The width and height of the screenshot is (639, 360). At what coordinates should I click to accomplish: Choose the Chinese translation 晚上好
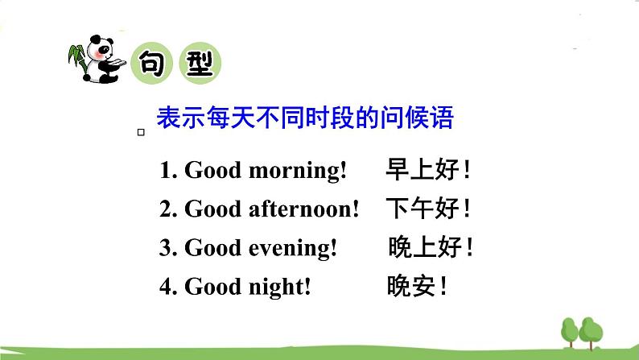[x=427, y=247]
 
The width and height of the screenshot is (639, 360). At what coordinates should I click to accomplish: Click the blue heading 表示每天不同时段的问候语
[x=305, y=118]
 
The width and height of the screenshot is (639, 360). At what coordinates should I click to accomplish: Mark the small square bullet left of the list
[x=141, y=132]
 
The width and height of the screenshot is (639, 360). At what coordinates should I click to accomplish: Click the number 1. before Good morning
[x=168, y=171]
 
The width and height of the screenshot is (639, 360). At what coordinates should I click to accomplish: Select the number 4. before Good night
[x=168, y=286]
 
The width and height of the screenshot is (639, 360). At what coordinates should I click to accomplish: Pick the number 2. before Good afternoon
[x=168, y=209]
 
